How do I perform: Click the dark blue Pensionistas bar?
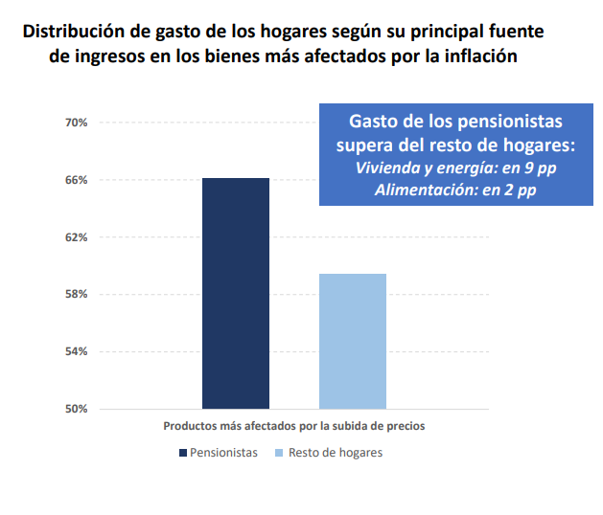(x=235, y=293)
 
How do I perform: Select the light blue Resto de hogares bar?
(x=352, y=341)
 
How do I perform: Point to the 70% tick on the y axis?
(x=77, y=123)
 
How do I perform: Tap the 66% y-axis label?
(x=77, y=180)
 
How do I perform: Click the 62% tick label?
(x=77, y=236)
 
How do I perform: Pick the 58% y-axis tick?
(x=77, y=294)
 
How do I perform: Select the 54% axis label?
(x=77, y=351)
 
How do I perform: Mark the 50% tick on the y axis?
(x=77, y=409)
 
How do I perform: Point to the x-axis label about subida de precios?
(x=293, y=424)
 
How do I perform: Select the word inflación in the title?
(x=475, y=56)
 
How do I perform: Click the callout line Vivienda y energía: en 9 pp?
(x=454, y=168)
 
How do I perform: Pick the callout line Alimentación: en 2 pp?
(x=454, y=190)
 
